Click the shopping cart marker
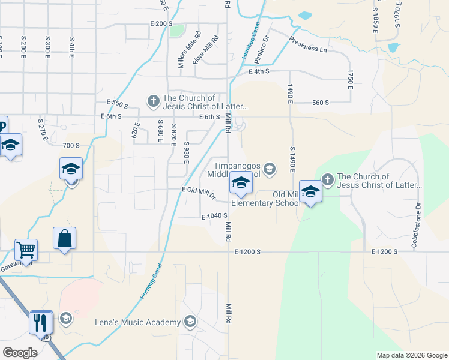[26, 249]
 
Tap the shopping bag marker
[64, 238]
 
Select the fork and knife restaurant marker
[41, 323]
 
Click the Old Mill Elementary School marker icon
[310, 191]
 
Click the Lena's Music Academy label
[138, 322]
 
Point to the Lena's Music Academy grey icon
[190, 322]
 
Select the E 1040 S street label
[214, 216]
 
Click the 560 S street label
[321, 103]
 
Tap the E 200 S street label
[161, 23]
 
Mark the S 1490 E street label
[292, 160]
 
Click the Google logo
[20, 353]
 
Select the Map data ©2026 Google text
[411, 355]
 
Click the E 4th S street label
[259, 71]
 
